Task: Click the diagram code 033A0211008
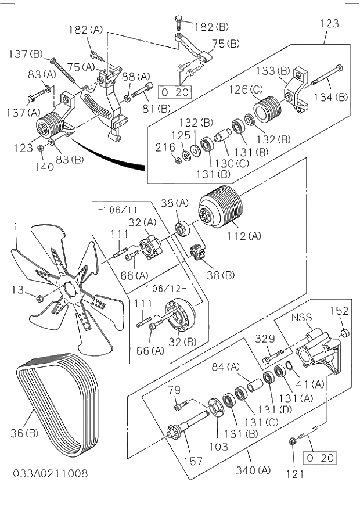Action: click(x=51, y=473)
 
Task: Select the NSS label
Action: click(x=302, y=318)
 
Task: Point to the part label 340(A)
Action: click(x=252, y=470)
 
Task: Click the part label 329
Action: click(x=265, y=339)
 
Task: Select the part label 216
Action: click(x=165, y=148)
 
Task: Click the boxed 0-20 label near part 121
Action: click(x=320, y=458)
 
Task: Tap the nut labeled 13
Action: click(x=39, y=299)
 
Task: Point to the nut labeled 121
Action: click(x=293, y=443)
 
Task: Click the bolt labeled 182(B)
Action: click(x=178, y=24)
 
